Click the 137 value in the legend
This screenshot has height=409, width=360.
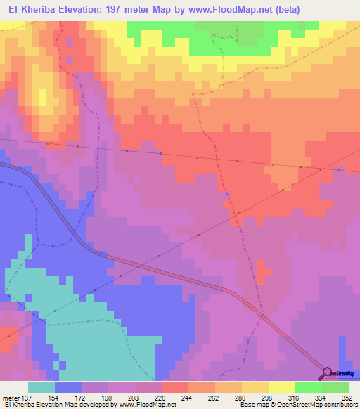tap(26, 397)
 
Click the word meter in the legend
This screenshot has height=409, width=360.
tap(10, 397)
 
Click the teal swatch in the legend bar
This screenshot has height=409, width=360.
tap(41, 387)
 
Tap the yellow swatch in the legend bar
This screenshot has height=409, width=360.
tap(281, 387)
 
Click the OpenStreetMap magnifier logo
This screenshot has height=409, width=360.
tap(328, 373)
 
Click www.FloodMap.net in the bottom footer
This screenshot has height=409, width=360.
tap(148, 405)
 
